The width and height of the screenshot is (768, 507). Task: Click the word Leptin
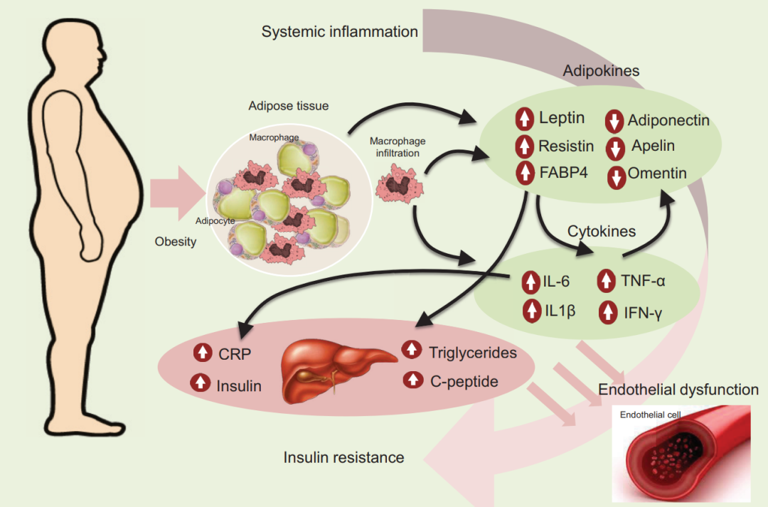[562, 118]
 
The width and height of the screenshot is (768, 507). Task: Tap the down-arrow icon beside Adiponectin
[614, 122]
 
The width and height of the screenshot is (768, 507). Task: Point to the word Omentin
[657, 173]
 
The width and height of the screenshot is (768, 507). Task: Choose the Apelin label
[653, 146]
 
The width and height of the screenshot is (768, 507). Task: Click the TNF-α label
[643, 281]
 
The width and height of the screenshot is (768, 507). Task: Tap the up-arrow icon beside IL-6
[530, 282]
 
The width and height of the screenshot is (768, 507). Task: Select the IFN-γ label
[644, 311]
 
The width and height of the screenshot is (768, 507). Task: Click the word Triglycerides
[473, 352]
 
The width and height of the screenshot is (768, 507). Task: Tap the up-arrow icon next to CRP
[201, 353]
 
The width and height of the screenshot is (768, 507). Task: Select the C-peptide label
[464, 381]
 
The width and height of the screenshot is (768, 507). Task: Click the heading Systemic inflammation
[340, 32]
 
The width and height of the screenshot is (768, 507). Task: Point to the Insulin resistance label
[344, 457]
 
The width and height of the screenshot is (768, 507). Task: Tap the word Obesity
[176, 242]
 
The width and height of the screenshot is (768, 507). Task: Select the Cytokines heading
[602, 231]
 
